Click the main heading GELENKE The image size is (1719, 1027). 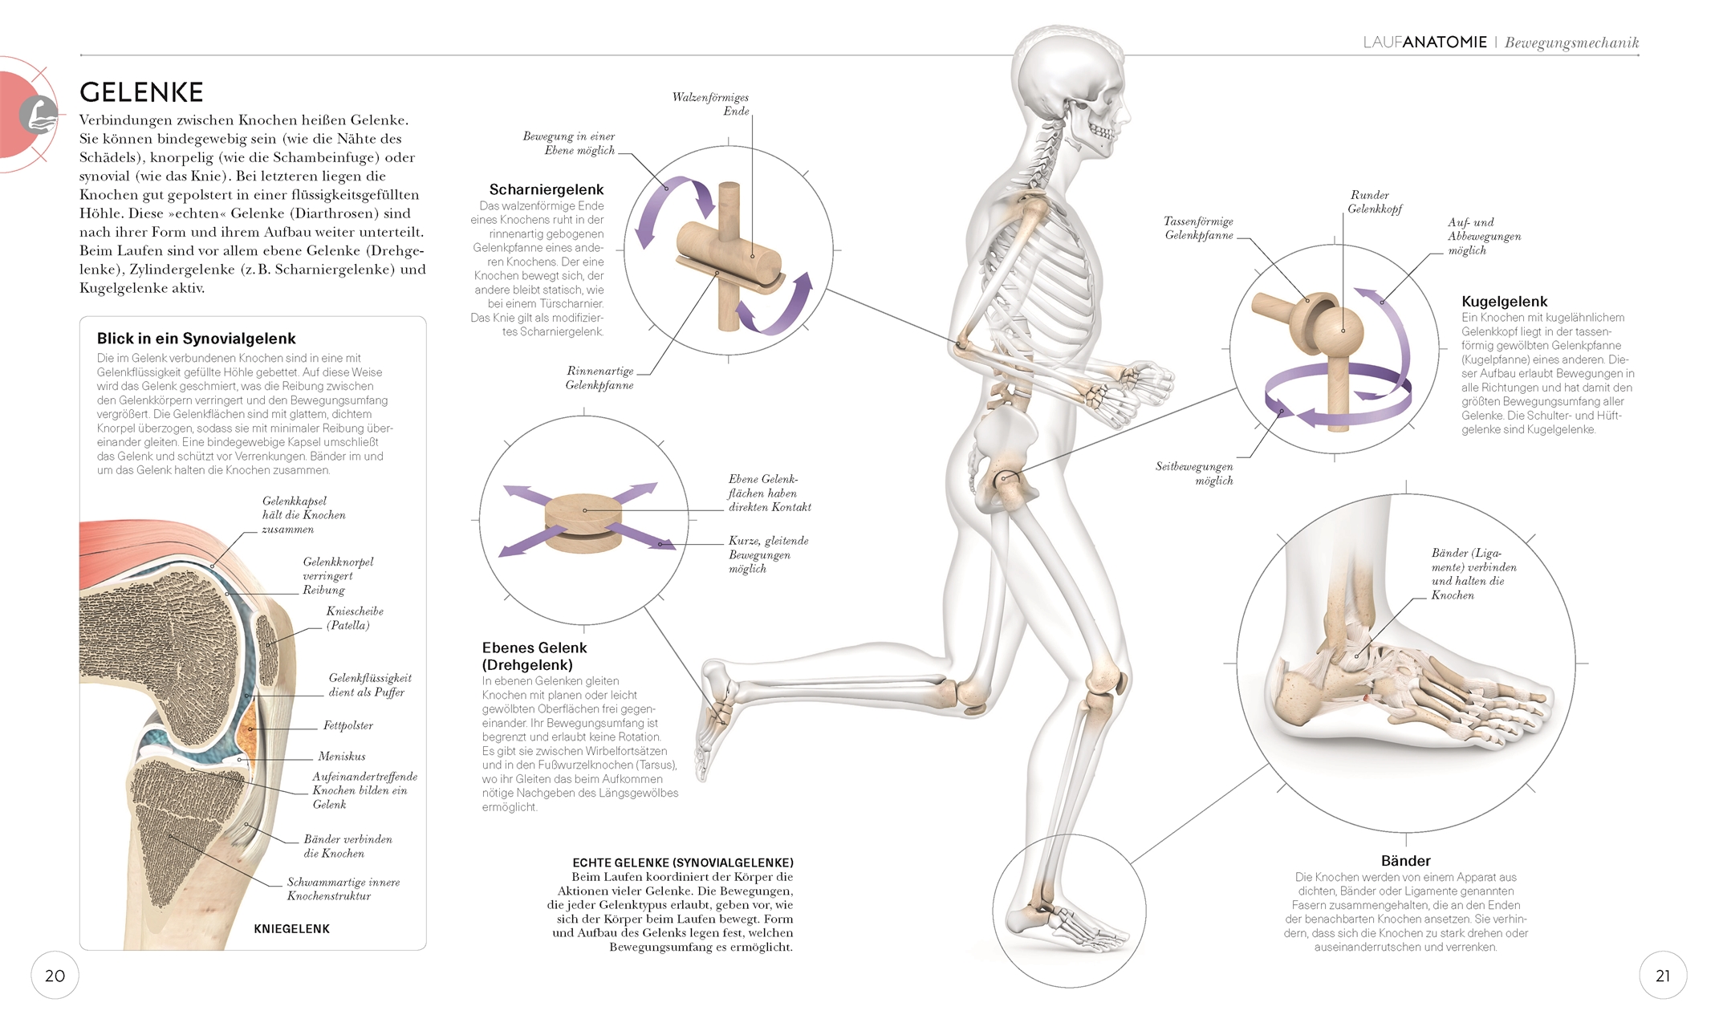[141, 92]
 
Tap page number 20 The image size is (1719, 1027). [55, 976]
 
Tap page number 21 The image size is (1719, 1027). [1663, 976]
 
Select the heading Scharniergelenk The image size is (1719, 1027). [547, 189]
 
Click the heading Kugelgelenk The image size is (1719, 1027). [1504, 302]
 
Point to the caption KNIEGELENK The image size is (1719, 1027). [292, 928]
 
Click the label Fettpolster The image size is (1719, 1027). [348, 725]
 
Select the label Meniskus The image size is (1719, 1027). [342, 756]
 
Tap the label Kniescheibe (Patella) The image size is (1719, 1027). [354, 618]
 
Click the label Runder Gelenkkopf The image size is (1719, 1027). [1374, 201]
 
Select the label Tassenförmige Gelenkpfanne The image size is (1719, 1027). [1199, 228]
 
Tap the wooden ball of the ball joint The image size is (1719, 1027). [1342, 329]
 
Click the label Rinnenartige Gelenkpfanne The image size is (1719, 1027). [599, 378]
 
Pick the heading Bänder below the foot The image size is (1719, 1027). [1405, 860]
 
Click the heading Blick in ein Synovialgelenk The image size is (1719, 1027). [197, 339]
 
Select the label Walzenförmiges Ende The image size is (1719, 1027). [710, 104]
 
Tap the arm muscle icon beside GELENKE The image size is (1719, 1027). [38, 114]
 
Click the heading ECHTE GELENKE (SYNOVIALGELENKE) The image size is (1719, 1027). [683, 863]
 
